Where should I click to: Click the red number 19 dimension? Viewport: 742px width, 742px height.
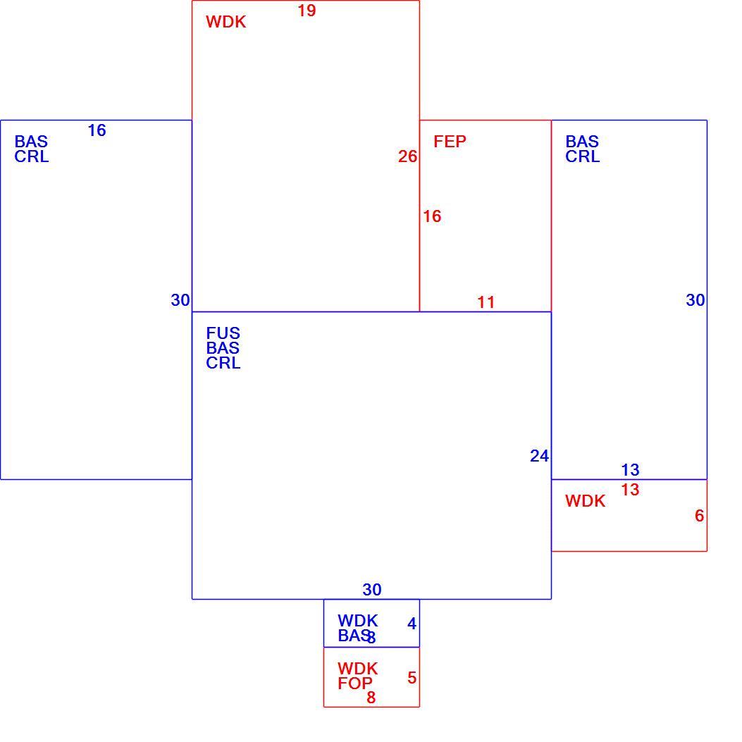coord(307,11)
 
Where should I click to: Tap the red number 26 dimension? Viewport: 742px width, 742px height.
coord(407,156)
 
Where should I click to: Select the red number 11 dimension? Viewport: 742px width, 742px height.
coord(486,302)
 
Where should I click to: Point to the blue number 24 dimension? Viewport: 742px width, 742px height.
coord(540,456)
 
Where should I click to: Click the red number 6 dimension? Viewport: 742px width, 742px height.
coord(700,515)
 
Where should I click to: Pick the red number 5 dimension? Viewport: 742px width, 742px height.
coord(412,678)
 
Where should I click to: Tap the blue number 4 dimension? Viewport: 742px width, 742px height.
coord(412,624)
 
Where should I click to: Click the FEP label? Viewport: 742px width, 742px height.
coord(450,141)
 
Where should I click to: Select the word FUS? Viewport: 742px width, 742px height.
coord(223,333)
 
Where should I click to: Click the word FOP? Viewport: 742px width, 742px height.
coord(355,684)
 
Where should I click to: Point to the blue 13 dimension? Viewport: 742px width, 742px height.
coord(631,470)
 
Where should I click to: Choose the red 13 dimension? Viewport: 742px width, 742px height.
coord(631,490)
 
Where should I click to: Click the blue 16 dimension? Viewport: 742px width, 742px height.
coord(97,130)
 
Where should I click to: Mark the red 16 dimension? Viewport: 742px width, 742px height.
coord(432,216)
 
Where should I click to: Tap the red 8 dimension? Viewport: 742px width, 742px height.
coord(371,697)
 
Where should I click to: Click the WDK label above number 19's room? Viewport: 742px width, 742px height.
coord(225,22)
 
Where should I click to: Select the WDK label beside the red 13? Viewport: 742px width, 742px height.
coord(586,501)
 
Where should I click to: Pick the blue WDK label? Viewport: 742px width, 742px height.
coord(358,620)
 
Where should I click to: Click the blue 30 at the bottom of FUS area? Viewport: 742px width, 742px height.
coord(372,590)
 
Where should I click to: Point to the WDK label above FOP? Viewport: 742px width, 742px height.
coord(358,669)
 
